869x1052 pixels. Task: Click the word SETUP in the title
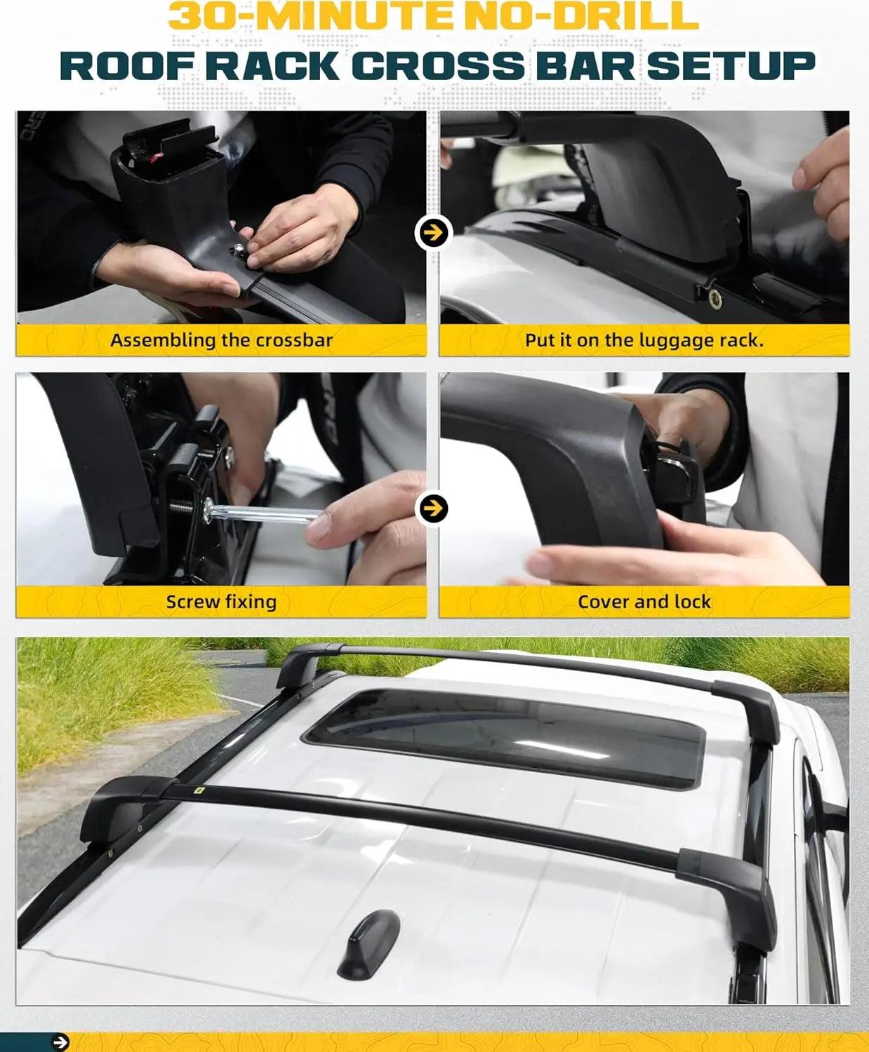(x=731, y=67)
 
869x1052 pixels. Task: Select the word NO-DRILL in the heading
(x=581, y=16)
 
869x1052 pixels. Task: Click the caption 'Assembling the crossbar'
(x=221, y=341)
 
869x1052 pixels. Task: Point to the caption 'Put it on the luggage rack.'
(x=644, y=341)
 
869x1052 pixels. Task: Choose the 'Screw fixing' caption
(x=221, y=602)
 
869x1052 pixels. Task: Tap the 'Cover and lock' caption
(x=644, y=602)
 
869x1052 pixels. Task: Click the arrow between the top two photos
(x=432, y=233)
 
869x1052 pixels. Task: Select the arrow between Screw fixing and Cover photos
(x=432, y=508)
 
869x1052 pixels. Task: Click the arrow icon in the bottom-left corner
(x=60, y=1042)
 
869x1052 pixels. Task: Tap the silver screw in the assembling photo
(x=237, y=250)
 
